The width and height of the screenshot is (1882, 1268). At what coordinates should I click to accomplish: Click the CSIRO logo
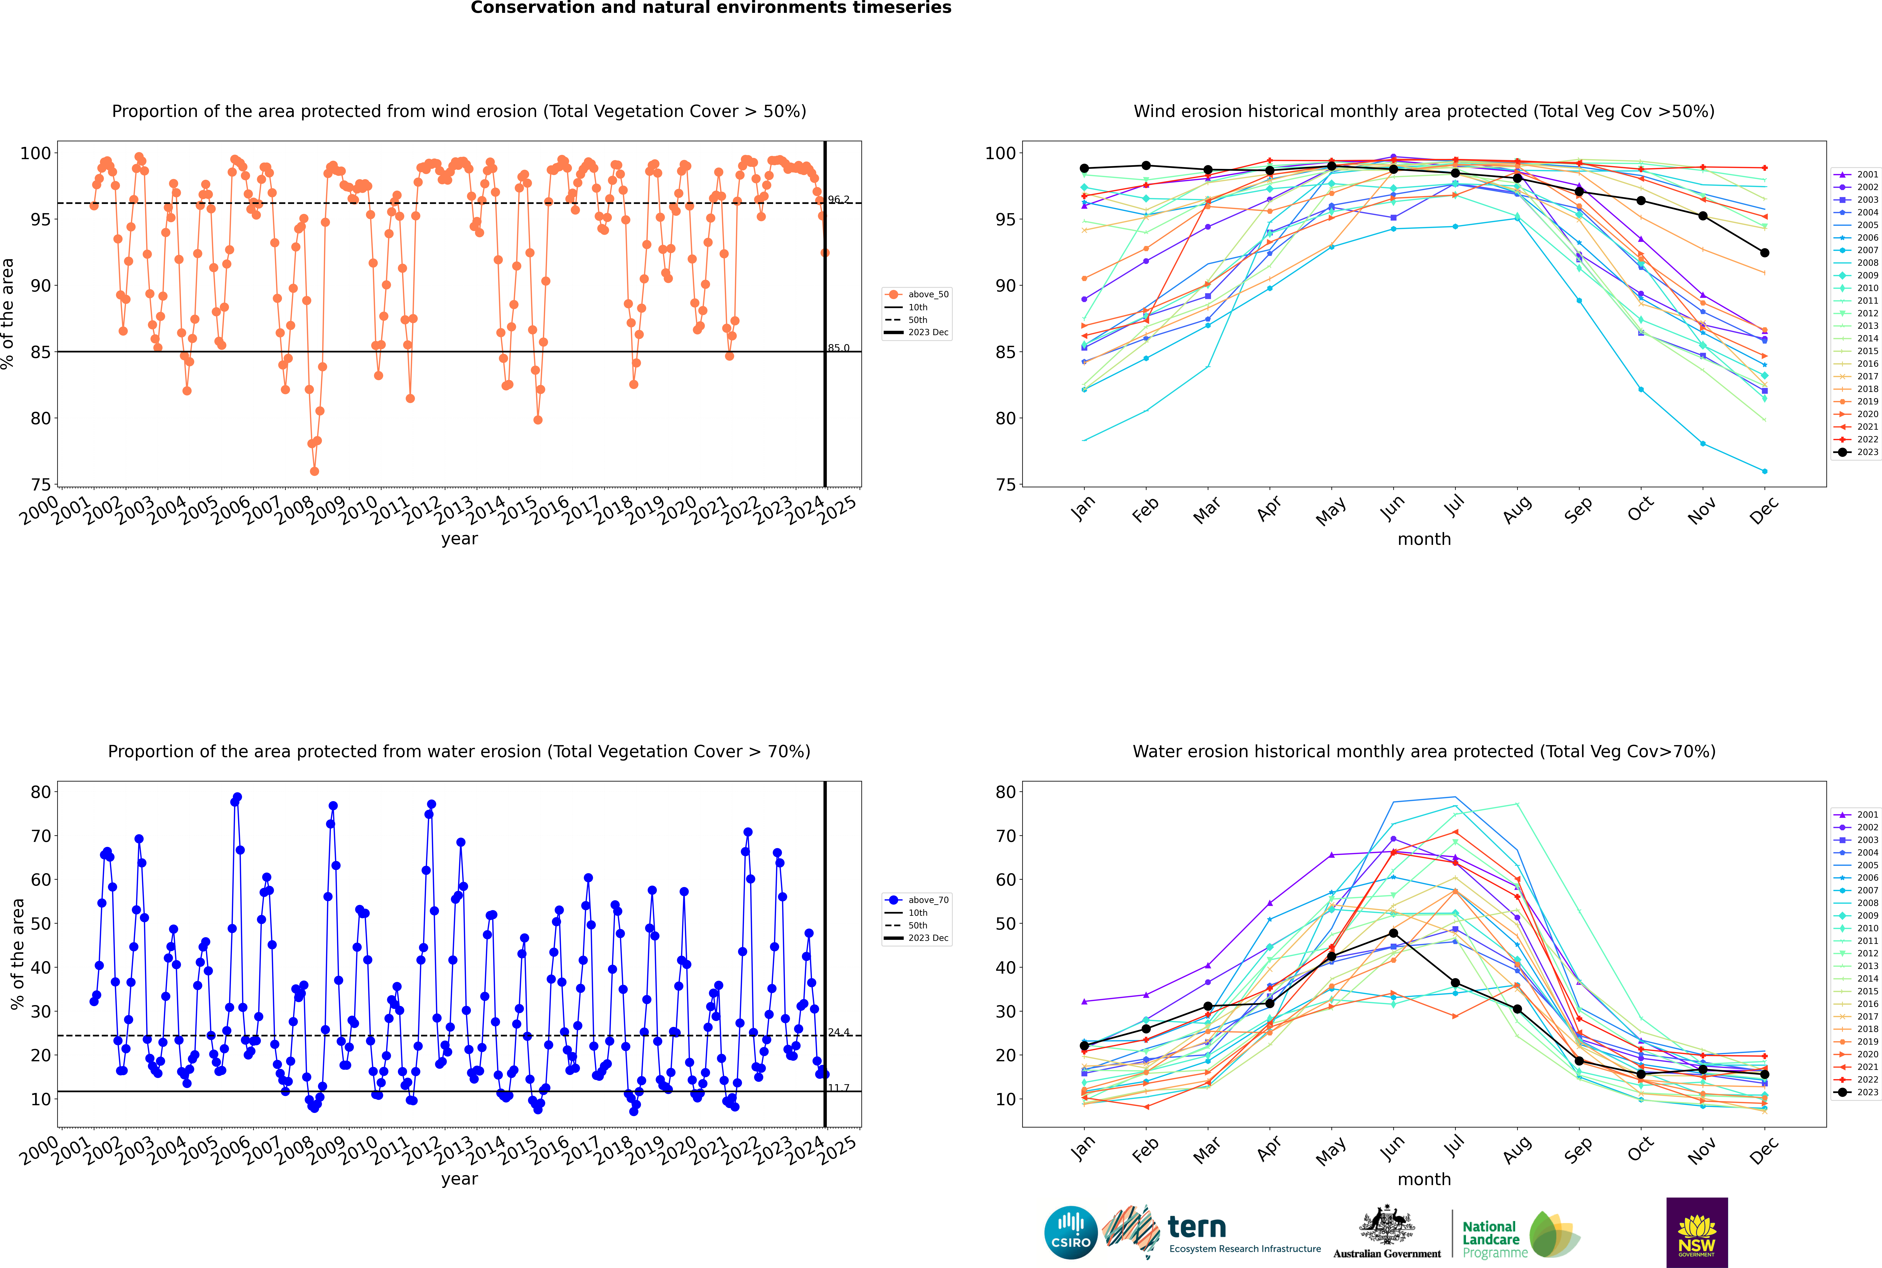tap(1070, 1232)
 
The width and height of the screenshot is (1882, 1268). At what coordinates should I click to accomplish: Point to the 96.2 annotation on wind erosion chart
tap(838, 200)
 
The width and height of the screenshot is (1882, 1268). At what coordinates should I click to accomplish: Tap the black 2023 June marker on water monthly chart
tap(1393, 933)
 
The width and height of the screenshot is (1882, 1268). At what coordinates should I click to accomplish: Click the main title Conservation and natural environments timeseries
tap(710, 8)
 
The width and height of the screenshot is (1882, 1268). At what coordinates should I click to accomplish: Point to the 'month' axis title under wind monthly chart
tap(1424, 539)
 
